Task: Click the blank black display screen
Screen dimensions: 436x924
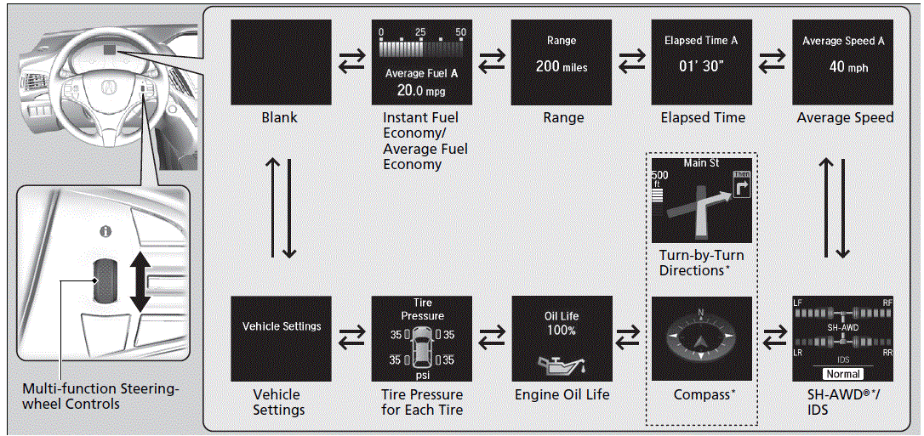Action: pyautogui.click(x=281, y=63)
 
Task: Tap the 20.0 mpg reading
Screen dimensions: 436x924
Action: pyautogui.click(x=422, y=90)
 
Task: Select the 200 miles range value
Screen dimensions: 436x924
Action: pyautogui.click(x=562, y=66)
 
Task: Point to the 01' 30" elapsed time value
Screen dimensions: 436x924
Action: pyautogui.click(x=702, y=66)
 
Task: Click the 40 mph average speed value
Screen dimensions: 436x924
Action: pyautogui.click(x=842, y=66)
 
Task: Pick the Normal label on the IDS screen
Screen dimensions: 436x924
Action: pyautogui.click(x=843, y=373)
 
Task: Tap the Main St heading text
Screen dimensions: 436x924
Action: pyautogui.click(x=702, y=162)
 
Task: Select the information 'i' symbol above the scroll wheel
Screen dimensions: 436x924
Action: pyautogui.click(x=106, y=230)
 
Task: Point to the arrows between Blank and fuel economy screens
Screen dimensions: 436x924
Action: pyautogui.click(x=351, y=63)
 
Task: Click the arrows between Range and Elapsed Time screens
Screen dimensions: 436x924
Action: pyautogui.click(x=631, y=63)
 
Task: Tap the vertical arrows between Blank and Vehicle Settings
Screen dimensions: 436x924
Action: pyautogui.click(x=281, y=207)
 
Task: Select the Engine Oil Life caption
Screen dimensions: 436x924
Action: pyautogui.click(x=562, y=394)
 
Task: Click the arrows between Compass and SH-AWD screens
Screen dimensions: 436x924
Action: pyautogui.click(x=773, y=338)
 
